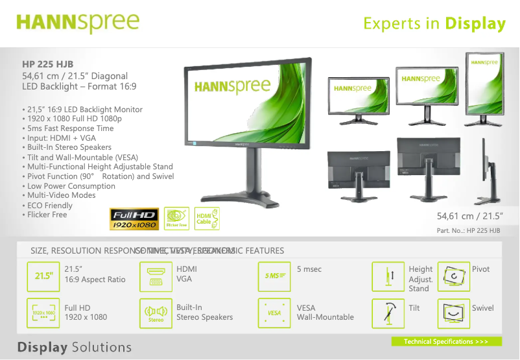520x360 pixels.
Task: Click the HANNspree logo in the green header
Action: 78,23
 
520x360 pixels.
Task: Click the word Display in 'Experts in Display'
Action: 475,24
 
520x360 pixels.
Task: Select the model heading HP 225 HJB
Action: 48,64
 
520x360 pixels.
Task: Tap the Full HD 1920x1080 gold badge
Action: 134,219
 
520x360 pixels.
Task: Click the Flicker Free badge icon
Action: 176,219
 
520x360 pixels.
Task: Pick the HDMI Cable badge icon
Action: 207,219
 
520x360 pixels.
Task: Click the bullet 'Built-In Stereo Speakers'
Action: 69,147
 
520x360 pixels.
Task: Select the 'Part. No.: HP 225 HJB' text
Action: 468,231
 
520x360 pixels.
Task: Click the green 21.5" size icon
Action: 43,276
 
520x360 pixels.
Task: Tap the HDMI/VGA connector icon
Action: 156,276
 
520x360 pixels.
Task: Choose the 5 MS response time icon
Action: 274,276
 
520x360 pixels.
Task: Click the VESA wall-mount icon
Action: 274,313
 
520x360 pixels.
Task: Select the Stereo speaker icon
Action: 156,313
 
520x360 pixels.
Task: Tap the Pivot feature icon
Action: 454,276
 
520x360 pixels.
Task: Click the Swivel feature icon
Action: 454,313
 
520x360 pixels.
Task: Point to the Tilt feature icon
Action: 388,313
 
